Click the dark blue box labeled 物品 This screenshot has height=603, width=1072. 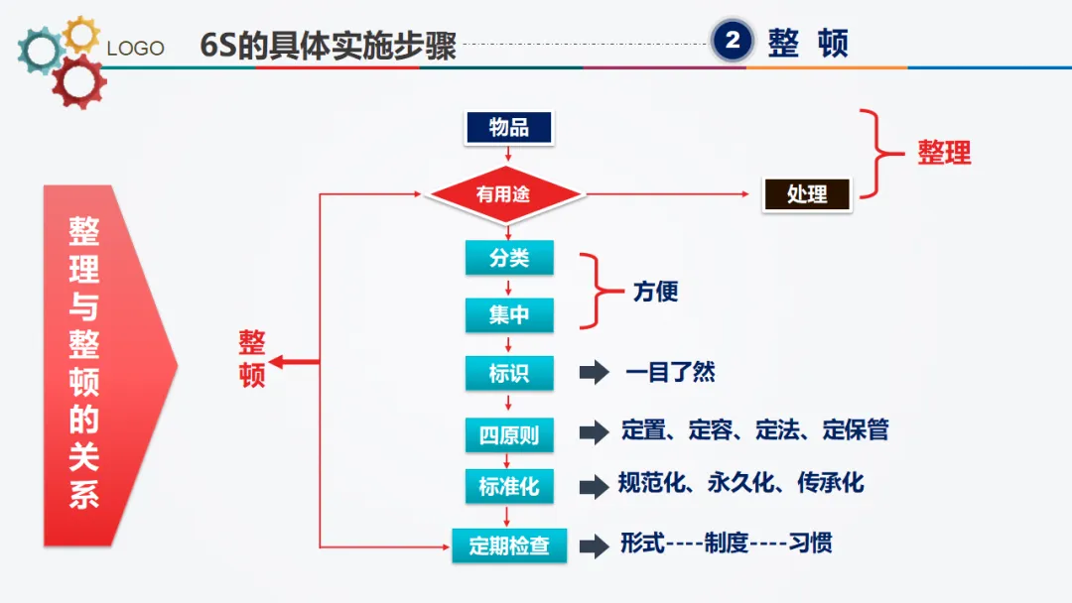pyautogui.click(x=509, y=127)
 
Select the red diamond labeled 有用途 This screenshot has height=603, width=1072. pyautogui.click(x=503, y=194)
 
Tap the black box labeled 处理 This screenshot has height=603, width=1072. pyautogui.click(x=807, y=194)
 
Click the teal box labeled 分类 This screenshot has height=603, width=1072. pyautogui.click(x=509, y=259)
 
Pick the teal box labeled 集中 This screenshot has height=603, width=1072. pyautogui.click(x=509, y=315)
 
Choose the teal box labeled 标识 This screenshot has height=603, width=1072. pyautogui.click(x=509, y=373)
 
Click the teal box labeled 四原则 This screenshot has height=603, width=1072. pyautogui.click(x=509, y=434)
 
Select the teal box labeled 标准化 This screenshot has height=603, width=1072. pyautogui.click(x=509, y=487)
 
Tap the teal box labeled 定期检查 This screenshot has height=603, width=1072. pyautogui.click(x=509, y=545)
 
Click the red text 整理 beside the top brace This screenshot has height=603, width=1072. pyautogui.click(x=944, y=153)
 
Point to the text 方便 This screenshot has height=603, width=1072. pyautogui.click(x=655, y=293)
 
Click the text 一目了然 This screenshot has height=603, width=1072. pyautogui.click(x=670, y=373)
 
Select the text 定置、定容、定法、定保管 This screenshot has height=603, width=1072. pyautogui.click(x=755, y=429)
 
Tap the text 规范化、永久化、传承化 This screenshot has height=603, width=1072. pyautogui.click(x=741, y=483)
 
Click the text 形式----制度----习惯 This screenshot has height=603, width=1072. pyautogui.click(x=727, y=543)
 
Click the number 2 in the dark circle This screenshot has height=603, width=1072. pyautogui.click(x=734, y=41)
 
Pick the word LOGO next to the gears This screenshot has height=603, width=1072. pyautogui.click(x=135, y=49)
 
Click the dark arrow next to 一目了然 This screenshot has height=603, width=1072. pyautogui.click(x=594, y=373)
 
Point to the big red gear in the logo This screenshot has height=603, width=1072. pyautogui.click(x=78, y=81)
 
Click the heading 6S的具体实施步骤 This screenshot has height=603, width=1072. pyautogui.click(x=329, y=45)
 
